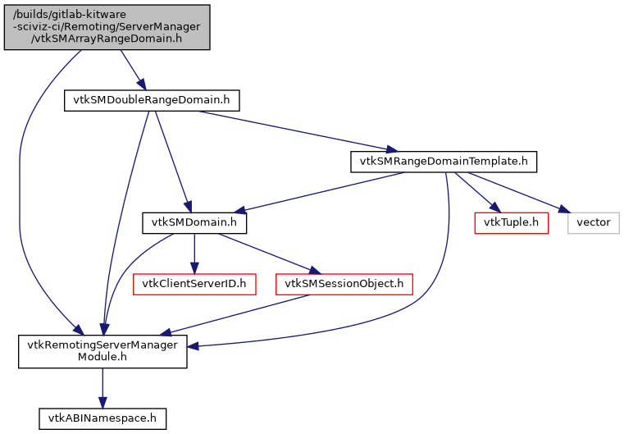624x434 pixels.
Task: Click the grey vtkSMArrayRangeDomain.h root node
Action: (x=107, y=27)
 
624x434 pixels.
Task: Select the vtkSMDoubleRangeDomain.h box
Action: (x=152, y=100)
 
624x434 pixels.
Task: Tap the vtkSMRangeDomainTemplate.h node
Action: (x=444, y=161)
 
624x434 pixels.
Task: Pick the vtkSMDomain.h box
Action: (x=194, y=222)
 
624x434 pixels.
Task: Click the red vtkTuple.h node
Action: (x=511, y=222)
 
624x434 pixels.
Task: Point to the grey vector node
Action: (x=593, y=222)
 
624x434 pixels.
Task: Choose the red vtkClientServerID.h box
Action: (x=194, y=284)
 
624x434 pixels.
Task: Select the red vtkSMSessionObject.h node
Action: (x=344, y=284)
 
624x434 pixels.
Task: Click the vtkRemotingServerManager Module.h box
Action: (x=102, y=351)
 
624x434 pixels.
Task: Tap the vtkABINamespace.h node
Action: (x=102, y=418)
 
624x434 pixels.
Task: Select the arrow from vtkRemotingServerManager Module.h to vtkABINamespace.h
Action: (x=102, y=387)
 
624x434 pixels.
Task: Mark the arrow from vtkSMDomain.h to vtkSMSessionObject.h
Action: (x=267, y=253)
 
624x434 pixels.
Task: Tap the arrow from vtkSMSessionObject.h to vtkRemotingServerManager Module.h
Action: (x=238, y=313)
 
